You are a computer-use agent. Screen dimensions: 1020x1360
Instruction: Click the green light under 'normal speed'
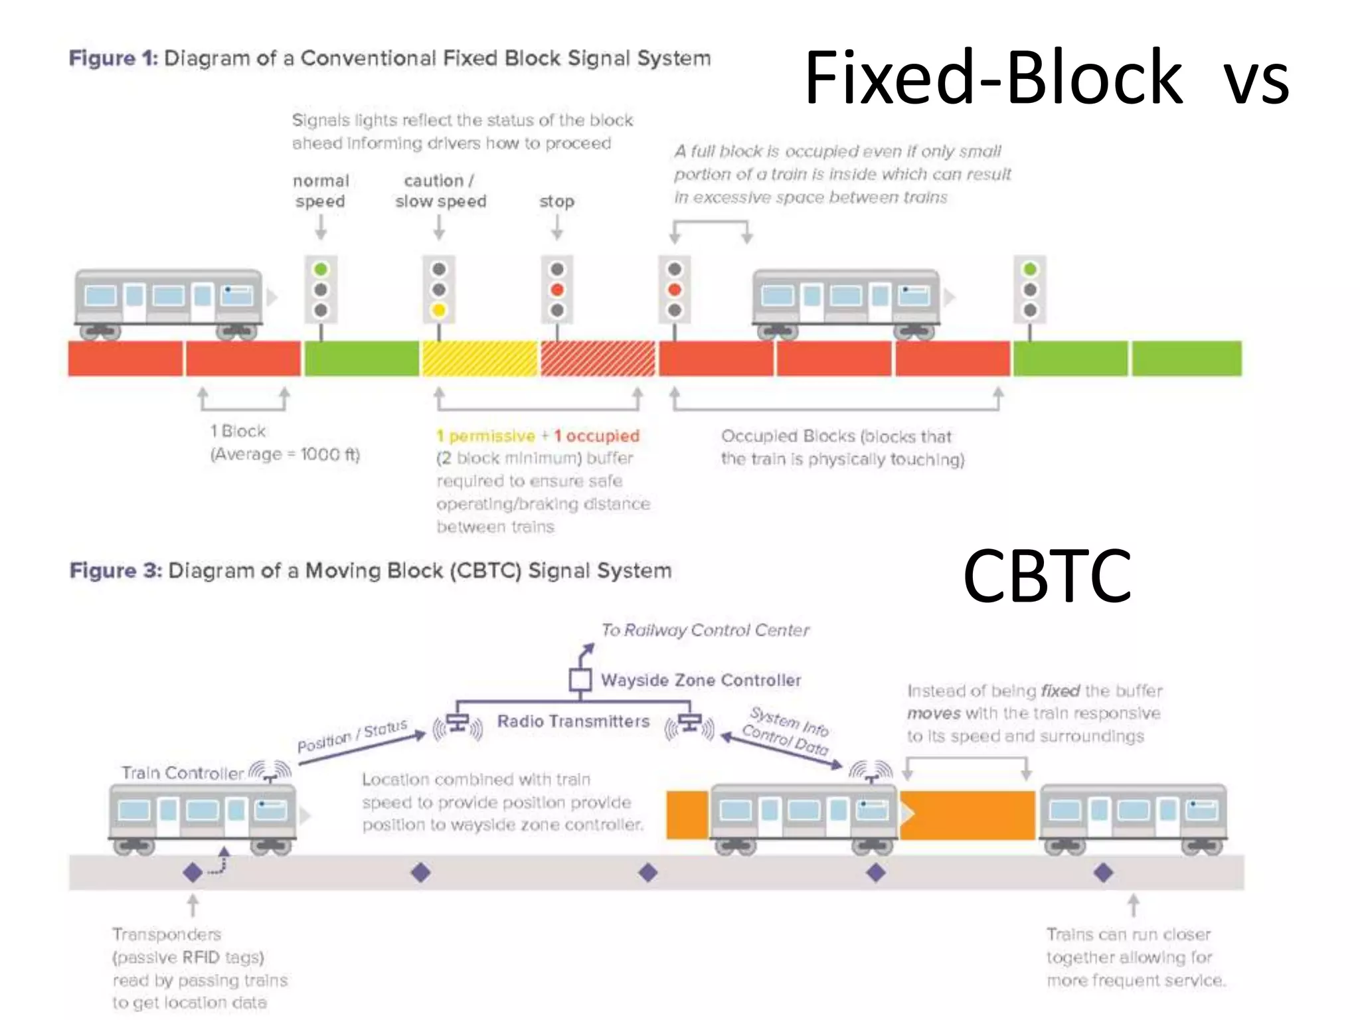pyautogui.click(x=321, y=270)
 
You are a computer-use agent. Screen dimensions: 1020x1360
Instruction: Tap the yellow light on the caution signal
pyautogui.click(x=438, y=310)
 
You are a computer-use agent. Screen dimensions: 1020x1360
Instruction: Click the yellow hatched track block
pyautogui.click(x=479, y=359)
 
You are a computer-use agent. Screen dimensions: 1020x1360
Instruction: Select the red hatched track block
pyautogui.click(x=598, y=359)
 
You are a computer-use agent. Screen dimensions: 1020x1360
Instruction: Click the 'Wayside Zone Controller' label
pyautogui.click(x=701, y=680)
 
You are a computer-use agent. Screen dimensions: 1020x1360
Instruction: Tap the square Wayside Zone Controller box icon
pyautogui.click(x=580, y=679)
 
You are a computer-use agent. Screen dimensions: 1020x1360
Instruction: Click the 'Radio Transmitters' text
pyautogui.click(x=573, y=721)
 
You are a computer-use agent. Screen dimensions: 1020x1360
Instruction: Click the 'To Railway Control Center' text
pyautogui.click(x=705, y=630)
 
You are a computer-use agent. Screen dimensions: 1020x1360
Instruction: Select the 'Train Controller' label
pyautogui.click(x=183, y=773)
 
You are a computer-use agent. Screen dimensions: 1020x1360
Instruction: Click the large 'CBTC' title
pyautogui.click(x=1047, y=576)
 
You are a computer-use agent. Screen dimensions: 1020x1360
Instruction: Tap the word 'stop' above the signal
pyautogui.click(x=556, y=201)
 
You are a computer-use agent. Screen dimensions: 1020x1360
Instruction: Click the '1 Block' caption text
pyautogui.click(x=238, y=432)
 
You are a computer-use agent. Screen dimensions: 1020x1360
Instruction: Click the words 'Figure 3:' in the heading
pyautogui.click(x=116, y=570)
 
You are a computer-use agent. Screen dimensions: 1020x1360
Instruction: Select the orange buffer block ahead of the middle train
pyautogui.click(x=968, y=814)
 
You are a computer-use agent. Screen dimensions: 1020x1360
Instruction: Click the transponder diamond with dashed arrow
pyautogui.click(x=193, y=872)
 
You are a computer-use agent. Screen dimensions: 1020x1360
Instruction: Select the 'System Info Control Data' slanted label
pyautogui.click(x=786, y=731)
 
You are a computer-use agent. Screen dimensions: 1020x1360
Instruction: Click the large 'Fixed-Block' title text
pyautogui.click(x=993, y=78)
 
